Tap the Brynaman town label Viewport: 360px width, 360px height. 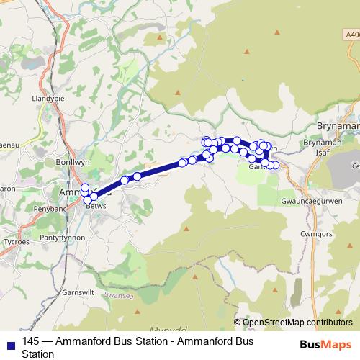coord(338,125)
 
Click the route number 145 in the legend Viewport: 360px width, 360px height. coord(31,341)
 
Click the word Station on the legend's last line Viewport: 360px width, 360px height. coord(38,354)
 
